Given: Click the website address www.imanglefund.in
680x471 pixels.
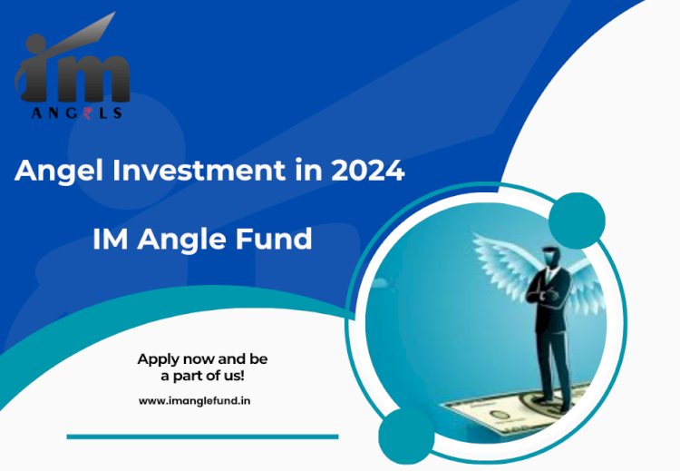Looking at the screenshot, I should (194, 400).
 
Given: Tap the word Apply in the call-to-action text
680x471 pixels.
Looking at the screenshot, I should (158, 359).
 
